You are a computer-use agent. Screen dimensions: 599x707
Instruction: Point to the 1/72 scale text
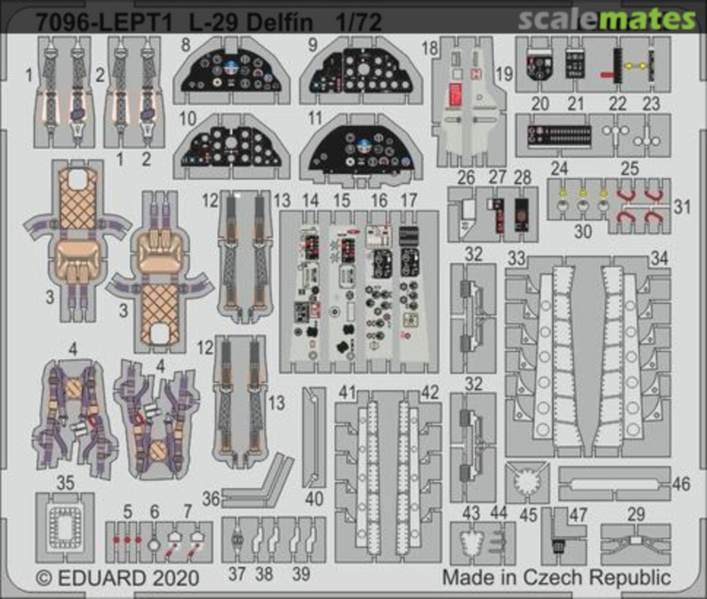(357, 24)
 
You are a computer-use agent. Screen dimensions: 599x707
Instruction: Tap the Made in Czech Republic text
(556, 577)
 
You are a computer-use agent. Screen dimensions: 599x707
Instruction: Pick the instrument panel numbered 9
(359, 77)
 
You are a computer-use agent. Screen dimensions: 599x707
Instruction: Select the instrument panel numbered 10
(232, 149)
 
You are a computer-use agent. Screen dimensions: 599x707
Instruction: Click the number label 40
(314, 498)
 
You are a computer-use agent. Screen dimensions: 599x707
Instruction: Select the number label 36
(210, 498)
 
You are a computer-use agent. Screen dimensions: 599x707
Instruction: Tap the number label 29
(636, 514)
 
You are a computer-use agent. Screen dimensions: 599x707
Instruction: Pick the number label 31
(681, 207)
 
